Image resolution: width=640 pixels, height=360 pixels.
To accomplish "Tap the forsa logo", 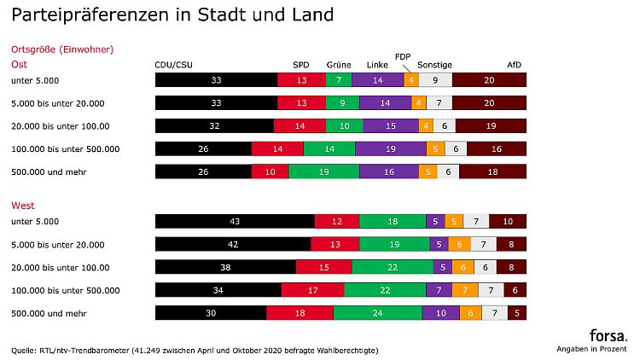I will (608, 335).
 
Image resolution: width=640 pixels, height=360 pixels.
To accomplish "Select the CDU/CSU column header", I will (172, 65).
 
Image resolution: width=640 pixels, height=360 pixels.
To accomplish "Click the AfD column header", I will (514, 65).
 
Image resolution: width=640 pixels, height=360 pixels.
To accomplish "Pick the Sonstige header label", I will (434, 65).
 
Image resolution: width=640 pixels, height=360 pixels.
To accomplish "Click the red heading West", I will (22, 206).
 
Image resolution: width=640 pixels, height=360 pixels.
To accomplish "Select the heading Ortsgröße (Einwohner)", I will (61, 49).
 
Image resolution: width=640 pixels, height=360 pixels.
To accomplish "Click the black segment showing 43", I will (235, 222).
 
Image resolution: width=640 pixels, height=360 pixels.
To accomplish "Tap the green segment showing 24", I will (377, 313).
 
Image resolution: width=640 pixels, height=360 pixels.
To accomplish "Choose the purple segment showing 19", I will (389, 148).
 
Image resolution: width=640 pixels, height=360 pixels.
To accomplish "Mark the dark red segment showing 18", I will (492, 171).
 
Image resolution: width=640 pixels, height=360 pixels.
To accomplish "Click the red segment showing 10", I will (271, 171).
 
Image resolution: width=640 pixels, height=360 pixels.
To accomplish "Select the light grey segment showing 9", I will (435, 80).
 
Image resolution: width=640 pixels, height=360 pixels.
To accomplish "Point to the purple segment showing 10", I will (440, 313).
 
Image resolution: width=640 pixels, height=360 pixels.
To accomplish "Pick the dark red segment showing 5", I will (516, 313).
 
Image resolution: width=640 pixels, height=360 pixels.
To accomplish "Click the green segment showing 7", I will (338, 80).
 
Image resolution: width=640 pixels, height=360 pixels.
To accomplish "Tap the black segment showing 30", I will (211, 313).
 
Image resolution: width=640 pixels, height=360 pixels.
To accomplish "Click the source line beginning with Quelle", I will (195, 350).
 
